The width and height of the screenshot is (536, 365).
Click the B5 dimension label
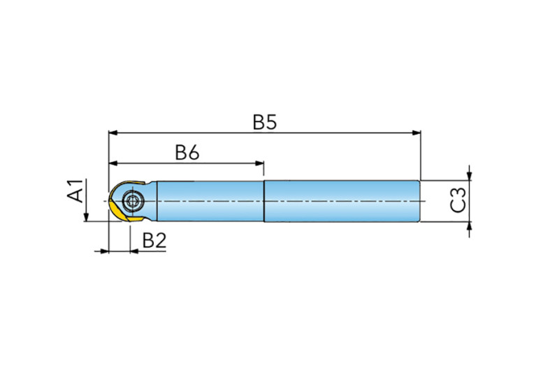tap(265, 122)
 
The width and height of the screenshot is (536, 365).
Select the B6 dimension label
tap(187, 152)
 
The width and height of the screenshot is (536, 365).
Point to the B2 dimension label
tap(154, 240)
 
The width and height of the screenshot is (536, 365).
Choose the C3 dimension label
tap(458, 200)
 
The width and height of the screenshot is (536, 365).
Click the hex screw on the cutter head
tap(132, 201)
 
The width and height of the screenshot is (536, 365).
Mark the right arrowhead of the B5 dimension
tap(417, 133)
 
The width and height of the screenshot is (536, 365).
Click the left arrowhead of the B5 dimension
tap(113, 133)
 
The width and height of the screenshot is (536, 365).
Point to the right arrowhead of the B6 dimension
tap(259, 163)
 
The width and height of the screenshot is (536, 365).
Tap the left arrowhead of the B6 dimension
tap(113, 163)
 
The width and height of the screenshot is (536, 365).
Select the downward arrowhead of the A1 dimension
tap(86, 217)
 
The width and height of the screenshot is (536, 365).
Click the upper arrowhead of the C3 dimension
tap(470, 175)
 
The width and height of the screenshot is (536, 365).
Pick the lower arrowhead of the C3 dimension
tap(470, 226)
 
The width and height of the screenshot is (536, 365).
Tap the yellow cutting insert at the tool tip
tap(118, 211)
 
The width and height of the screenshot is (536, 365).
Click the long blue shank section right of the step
tap(342, 201)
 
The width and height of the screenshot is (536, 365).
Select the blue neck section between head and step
tap(210, 201)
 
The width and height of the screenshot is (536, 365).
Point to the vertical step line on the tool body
tap(264, 201)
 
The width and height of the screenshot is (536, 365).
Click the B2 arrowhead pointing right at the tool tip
tap(104, 251)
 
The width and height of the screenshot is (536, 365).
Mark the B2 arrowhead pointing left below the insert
tap(135, 251)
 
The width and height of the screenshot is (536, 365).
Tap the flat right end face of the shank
tap(420, 201)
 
